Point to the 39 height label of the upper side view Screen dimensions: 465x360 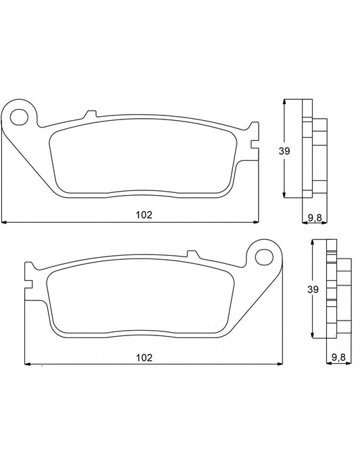tap(284, 151)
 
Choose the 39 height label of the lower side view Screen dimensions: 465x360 tap(311, 289)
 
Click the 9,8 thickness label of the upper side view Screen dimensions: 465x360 tap(315, 216)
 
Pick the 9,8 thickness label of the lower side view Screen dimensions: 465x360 tap(339, 357)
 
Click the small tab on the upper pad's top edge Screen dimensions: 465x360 tap(88, 113)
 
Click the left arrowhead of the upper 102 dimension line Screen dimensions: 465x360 tap(4, 221)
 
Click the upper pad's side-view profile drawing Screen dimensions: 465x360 tap(311, 150)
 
